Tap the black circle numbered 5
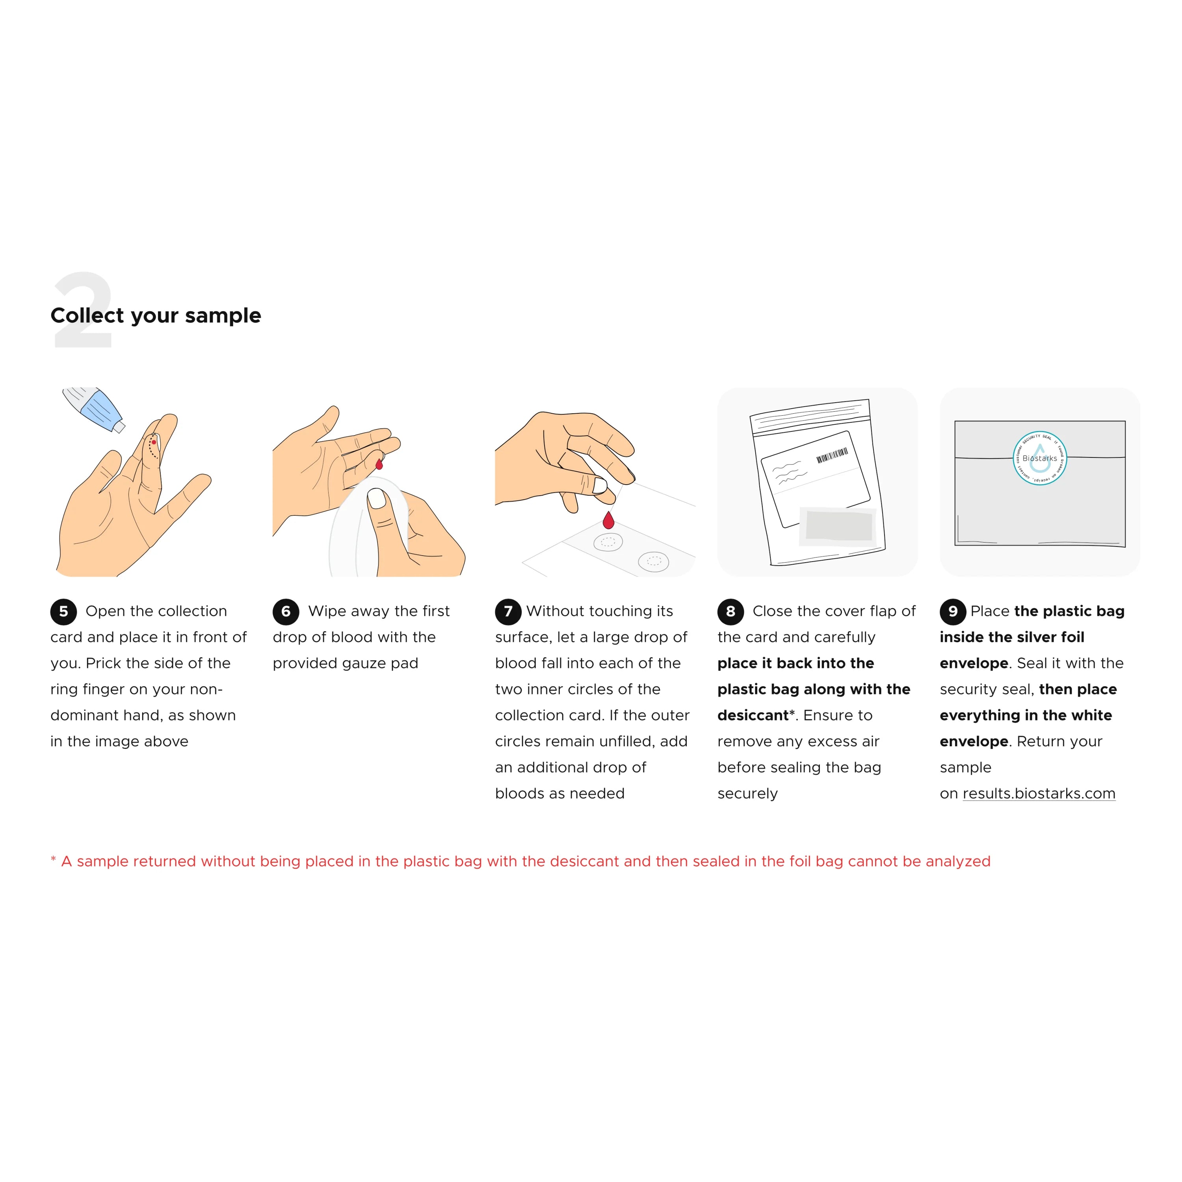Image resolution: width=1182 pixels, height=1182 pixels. click(63, 611)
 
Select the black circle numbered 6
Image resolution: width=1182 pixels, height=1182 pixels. click(286, 611)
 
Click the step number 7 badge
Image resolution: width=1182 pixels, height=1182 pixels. click(508, 611)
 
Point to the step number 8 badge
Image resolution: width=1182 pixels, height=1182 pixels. click(730, 611)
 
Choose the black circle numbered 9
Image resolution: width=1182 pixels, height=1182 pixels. click(953, 611)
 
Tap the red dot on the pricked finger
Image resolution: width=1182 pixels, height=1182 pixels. click(154, 442)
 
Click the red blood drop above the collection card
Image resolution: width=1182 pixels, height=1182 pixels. click(608, 520)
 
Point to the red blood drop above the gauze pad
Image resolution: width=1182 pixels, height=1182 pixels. click(379, 463)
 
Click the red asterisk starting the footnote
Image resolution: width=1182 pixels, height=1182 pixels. click(53, 860)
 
